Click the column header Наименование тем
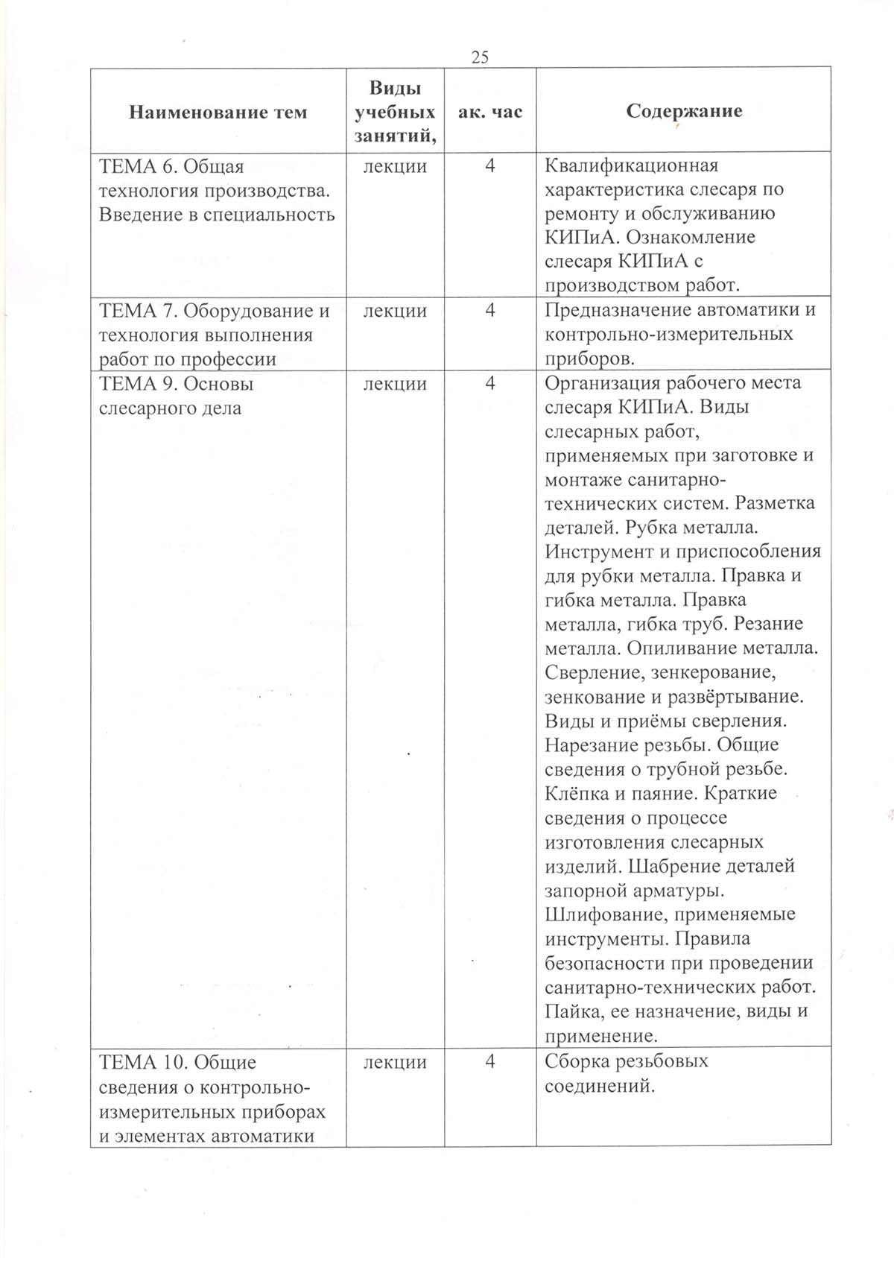[x=218, y=113]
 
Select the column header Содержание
[x=684, y=111]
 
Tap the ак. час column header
[x=489, y=112]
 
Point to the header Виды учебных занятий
[x=395, y=112]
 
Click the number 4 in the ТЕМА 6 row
[x=490, y=165]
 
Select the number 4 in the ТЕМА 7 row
[x=490, y=310]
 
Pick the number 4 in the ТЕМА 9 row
[x=490, y=383]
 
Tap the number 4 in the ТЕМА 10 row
[x=490, y=1061]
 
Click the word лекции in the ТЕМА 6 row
[x=395, y=165]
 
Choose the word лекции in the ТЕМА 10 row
[x=395, y=1061]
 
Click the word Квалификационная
[x=632, y=165]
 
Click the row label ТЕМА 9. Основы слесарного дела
[x=177, y=396]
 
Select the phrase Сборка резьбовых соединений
[x=627, y=1073]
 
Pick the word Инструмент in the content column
[x=600, y=552]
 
